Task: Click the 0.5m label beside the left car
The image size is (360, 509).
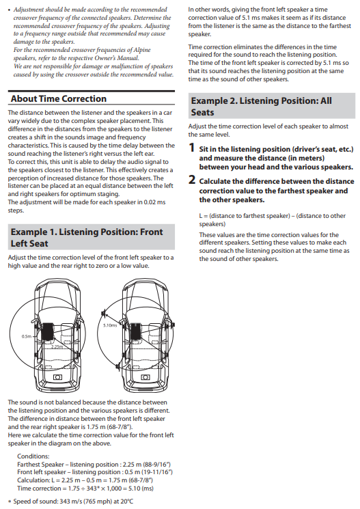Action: pyautogui.click(x=27, y=336)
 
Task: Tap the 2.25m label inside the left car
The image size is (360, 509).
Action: pyautogui.click(x=57, y=346)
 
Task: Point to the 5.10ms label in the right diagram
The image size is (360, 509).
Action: pyautogui.click(x=110, y=325)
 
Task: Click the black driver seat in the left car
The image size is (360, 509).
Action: pyautogui.click(x=48, y=331)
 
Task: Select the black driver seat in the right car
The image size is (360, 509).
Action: pyautogui.click(x=135, y=331)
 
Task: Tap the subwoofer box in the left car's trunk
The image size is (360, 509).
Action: pyautogui.click(x=58, y=377)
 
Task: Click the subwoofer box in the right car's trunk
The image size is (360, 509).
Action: pyautogui.click(x=146, y=377)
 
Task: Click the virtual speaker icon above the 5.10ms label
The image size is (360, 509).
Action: pyautogui.click(x=104, y=313)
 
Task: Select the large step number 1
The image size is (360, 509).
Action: pyautogui.click(x=192, y=148)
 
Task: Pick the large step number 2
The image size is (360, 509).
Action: pyautogui.click(x=192, y=180)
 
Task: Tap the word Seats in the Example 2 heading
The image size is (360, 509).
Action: pyautogui.click(x=202, y=112)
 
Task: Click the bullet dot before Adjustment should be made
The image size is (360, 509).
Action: pyautogui.click(x=9, y=10)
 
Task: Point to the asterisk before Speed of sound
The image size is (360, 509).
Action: pyautogui.click(x=10, y=502)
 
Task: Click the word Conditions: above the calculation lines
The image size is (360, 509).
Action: pyautogui.click(x=33, y=456)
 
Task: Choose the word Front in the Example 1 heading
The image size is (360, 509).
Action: pyautogui.click(x=151, y=232)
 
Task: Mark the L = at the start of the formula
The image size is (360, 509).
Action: pyautogui.click(x=204, y=216)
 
